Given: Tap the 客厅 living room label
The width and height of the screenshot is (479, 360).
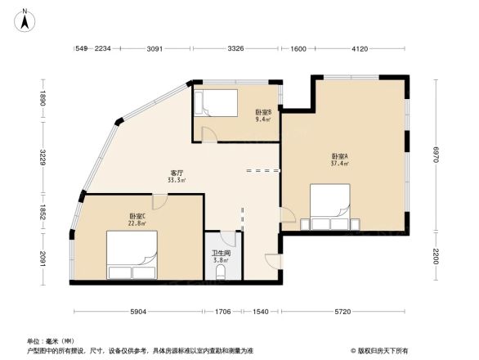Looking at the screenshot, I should [176, 177].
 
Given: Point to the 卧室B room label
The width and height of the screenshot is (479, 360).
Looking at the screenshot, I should [262, 115].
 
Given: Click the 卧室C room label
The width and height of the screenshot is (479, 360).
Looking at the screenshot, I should [137, 218].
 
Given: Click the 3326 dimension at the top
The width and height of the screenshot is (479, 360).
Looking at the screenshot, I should [235, 49].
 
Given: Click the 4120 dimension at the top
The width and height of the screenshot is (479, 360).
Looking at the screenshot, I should [360, 49].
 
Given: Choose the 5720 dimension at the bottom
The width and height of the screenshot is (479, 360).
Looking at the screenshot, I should [343, 313].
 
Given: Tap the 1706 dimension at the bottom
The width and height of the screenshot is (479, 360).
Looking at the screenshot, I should [222, 313].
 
